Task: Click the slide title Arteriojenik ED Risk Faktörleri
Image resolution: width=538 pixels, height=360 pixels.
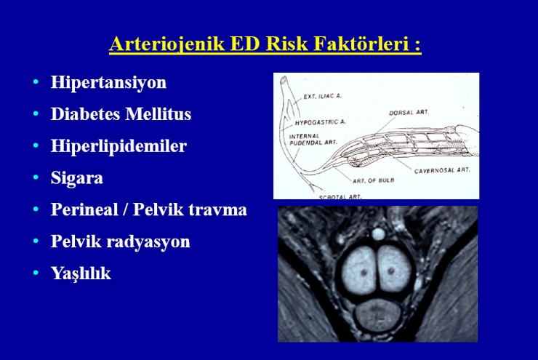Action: click(x=265, y=44)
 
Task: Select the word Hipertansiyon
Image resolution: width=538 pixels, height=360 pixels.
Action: click(x=108, y=83)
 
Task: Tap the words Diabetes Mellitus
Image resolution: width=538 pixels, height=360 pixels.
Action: click(x=121, y=114)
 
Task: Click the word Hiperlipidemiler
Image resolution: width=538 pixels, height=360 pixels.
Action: click(x=119, y=146)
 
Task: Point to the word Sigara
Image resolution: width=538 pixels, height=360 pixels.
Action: click(x=77, y=178)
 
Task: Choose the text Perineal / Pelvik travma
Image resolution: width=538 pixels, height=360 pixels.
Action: click(x=148, y=209)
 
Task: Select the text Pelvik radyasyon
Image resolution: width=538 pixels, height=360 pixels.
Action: click(x=121, y=241)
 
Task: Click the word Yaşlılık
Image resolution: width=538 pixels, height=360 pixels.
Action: click(x=81, y=273)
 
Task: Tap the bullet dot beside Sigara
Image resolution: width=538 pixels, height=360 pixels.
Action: click(x=36, y=177)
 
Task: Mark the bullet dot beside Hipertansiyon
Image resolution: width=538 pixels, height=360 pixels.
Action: click(x=36, y=81)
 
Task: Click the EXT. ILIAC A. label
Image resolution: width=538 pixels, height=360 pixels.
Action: click(x=323, y=97)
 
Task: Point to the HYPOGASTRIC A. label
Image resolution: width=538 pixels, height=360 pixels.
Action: click(x=320, y=122)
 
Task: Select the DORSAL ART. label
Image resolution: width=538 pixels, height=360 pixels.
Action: click(x=409, y=113)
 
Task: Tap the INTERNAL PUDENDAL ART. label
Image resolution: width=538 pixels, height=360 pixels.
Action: click(x=313, y=140)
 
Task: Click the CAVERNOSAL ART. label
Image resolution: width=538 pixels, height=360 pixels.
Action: click(x=442, y=170)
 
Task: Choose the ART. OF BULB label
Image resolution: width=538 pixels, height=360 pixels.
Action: click(x=373, y=180)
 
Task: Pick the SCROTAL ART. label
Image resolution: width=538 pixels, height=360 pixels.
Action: click(x=340, y=197)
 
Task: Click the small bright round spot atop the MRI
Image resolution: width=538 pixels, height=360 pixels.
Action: click(x=378, y=234)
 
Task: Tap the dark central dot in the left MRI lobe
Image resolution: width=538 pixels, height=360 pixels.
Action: click(x=364, y=273)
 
